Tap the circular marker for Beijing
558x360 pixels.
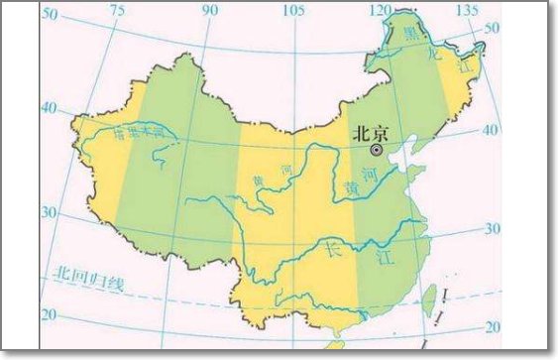[377, 149]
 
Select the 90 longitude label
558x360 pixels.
[209, 10]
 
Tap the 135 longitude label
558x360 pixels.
[459, 10]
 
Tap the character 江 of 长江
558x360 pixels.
[381, 260]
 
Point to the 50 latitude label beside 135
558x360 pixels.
[488, 29]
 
